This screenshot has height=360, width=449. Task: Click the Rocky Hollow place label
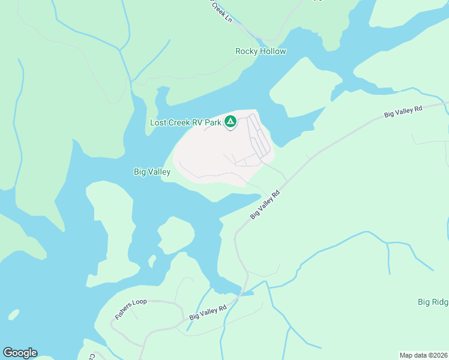pyautogui.click(x=261, y=52)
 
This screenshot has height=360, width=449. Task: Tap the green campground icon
pyautogui.click(x=230, y=122)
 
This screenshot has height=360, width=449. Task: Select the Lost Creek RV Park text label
pyautogui.click(x=185, y=123)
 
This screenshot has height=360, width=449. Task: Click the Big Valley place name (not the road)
pyautogui.click(x=152, y=172)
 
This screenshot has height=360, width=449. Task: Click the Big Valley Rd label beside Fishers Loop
pyautogui.click(x=208, y=312)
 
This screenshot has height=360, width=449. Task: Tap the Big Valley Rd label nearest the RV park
pyautogui.click(x=266, y=205)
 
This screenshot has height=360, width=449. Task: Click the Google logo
pyautogui.click(x=20, y=353)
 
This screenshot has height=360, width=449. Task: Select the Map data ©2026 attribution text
pyautogui.click(x=423, y=355)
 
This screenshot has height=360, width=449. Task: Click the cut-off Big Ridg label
pyautogui.click(x=433, y=302)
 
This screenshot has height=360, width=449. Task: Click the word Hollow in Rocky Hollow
pyautogui.click(x=273, y=52)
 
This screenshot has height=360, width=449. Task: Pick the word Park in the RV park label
pyautogui.click(x=213, y=123)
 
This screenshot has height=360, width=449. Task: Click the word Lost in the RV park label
pyautogui.click(x=158, y=123)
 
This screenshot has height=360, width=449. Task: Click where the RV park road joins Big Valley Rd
pyautogui.click(x=286, y=180)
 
